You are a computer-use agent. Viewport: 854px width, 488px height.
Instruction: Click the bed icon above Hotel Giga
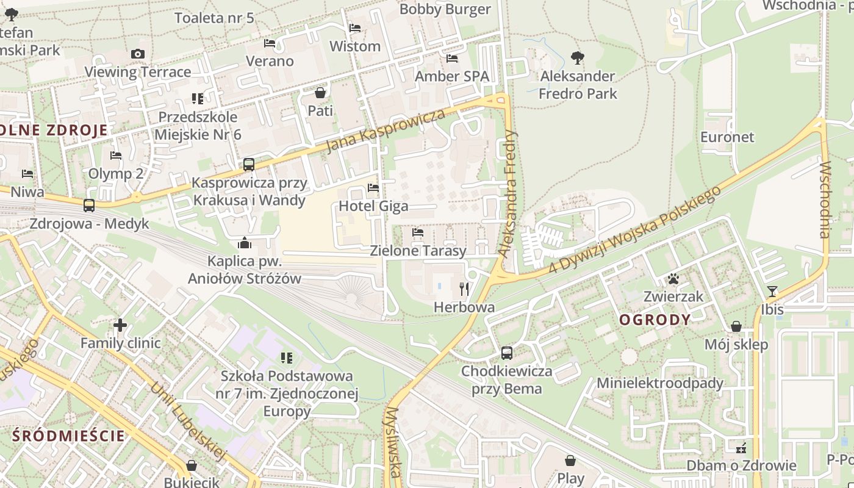[x=373, y=188]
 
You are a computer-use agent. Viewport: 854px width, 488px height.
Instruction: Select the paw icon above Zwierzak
[x=673, y=279]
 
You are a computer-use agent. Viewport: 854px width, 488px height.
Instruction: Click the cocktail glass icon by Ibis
[x=772, y=291]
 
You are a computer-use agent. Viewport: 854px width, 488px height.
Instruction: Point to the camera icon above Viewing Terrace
[x=138, y=54]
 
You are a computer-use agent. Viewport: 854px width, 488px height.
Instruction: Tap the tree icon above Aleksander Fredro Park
[x=577, y=58]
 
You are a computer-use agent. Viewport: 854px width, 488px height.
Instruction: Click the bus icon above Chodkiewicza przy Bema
[x=507, y=353]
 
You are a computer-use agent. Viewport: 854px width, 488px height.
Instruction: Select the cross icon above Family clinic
[x=120, y=325]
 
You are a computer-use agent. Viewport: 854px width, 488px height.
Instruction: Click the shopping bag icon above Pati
[x=320, y=93]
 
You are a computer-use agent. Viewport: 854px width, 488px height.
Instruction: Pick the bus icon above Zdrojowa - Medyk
[x=89, y=206]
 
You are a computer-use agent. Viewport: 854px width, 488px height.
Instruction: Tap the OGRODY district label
[x=655, y=320]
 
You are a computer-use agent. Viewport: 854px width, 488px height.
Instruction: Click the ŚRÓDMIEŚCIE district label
[x=68, y=436]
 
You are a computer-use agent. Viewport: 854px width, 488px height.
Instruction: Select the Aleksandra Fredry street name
[x=508, y=192]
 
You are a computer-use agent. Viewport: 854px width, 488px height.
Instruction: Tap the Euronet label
[x=727, y=137]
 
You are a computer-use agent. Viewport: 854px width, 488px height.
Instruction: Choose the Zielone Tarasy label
[x=418, y=251]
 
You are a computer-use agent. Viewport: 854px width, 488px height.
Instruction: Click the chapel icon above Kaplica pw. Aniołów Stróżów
[x=245, y=243]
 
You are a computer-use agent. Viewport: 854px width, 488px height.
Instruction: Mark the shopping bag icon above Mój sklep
[x=736, y=326]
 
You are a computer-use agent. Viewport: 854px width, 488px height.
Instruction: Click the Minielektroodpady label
[x=659, y=383]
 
